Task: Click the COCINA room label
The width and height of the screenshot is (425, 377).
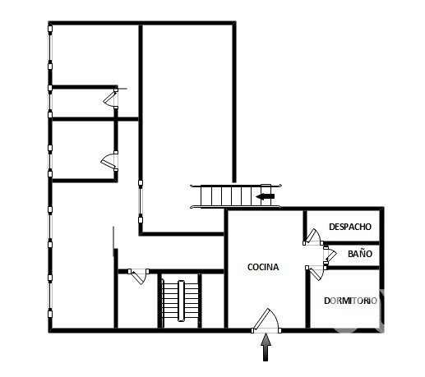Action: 263,267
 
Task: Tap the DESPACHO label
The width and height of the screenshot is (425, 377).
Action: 350,227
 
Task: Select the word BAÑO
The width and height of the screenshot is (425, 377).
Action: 360,254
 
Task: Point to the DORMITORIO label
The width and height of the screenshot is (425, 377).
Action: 350,301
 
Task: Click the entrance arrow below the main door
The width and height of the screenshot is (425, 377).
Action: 266,347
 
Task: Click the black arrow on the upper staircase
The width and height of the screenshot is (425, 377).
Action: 265,196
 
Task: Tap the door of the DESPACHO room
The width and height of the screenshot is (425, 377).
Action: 313,237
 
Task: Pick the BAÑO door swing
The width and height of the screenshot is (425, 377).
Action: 330,255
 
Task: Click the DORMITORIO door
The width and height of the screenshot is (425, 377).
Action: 316,273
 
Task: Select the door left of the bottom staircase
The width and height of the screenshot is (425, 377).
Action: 139,276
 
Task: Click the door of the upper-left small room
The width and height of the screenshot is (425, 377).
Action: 111,98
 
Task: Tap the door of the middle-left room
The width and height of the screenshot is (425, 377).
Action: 110,161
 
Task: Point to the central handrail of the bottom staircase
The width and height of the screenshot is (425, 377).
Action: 181,301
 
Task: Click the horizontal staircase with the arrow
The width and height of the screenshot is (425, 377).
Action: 236,196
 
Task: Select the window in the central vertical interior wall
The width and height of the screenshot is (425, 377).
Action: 141,201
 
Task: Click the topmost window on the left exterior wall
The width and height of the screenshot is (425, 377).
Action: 50,48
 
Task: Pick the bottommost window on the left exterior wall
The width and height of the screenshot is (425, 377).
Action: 50,296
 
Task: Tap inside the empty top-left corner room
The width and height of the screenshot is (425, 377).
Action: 95,55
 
